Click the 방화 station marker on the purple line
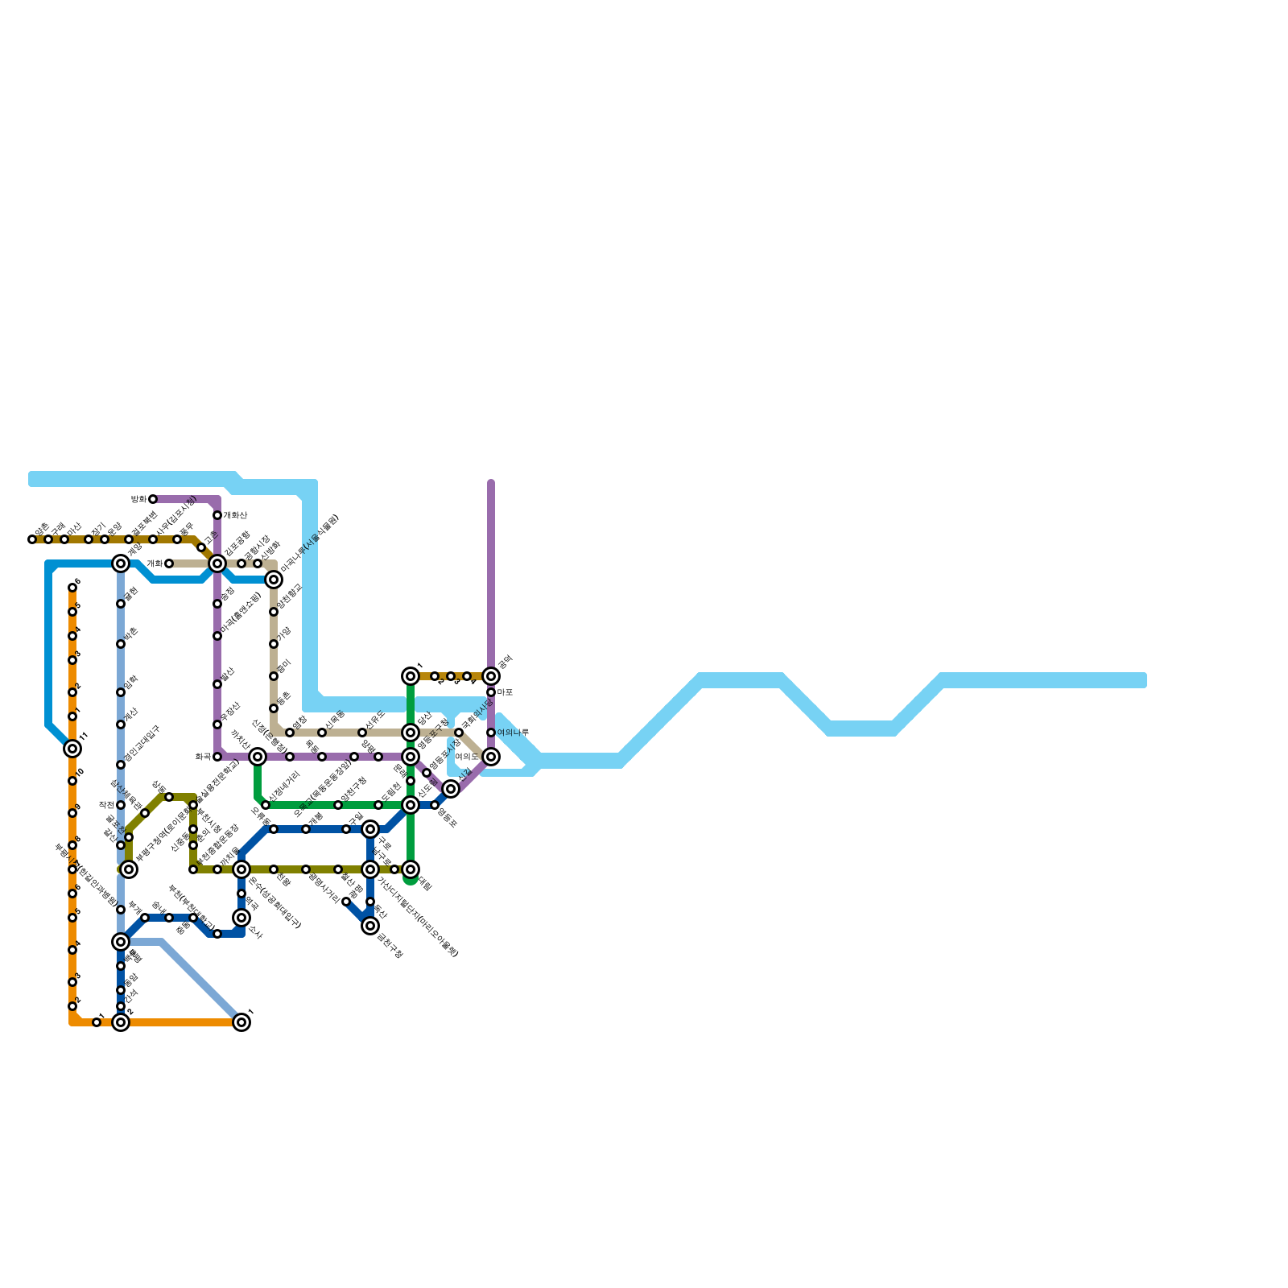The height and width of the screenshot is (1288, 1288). [153, 499]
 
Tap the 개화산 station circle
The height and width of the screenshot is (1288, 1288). [217, 515]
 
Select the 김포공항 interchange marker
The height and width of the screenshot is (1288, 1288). [217, 563]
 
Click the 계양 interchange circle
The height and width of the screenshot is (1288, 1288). [121, 563]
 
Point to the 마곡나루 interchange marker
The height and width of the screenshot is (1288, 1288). [274, 580]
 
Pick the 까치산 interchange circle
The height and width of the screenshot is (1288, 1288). [258, 757]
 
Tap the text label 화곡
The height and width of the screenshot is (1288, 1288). [203, 757]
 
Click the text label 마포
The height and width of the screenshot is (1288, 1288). [505, 692]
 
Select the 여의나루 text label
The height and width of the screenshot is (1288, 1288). [513, 733]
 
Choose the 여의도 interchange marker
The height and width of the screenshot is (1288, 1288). [491, 757]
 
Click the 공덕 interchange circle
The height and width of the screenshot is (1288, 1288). [491, 676]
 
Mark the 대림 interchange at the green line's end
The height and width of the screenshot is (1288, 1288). [411, 869]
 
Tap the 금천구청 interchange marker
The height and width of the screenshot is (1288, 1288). [370, 926]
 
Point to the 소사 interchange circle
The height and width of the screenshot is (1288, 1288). [242, 918]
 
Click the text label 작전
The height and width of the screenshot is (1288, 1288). [106, 805]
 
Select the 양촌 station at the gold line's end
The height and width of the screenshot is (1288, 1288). [32, 539]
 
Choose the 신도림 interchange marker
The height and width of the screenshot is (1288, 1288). [411, 805]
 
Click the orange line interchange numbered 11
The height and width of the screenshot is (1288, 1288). [72, 749]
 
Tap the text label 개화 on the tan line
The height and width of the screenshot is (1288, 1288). [154, 563]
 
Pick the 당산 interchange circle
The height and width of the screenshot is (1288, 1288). [411, 733]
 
